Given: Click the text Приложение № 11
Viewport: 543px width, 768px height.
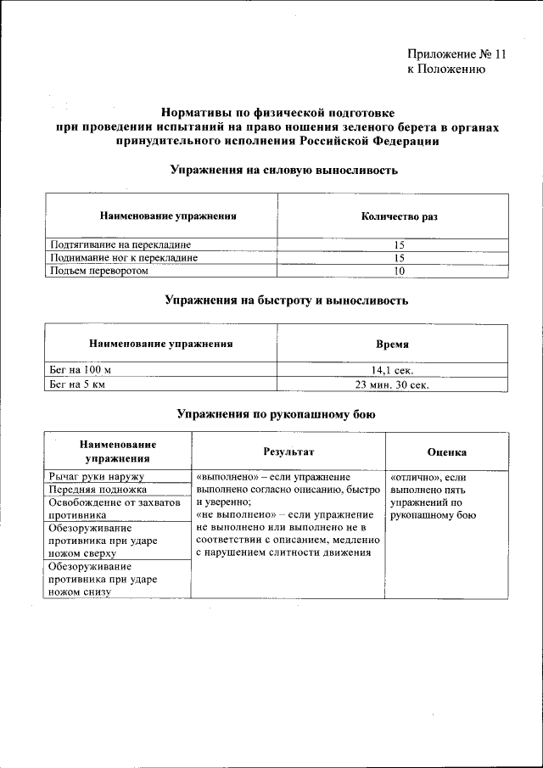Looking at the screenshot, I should (456, 54).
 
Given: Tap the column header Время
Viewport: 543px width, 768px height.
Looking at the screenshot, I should (393, 345).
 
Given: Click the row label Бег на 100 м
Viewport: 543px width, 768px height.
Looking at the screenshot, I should (81, 371).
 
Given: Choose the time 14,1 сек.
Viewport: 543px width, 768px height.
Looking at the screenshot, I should (393, 371).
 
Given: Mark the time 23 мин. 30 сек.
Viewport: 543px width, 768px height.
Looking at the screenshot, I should (393, 384).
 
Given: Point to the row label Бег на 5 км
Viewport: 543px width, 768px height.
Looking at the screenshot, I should (78, 384).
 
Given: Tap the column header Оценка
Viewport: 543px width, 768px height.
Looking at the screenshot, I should (446, 452).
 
